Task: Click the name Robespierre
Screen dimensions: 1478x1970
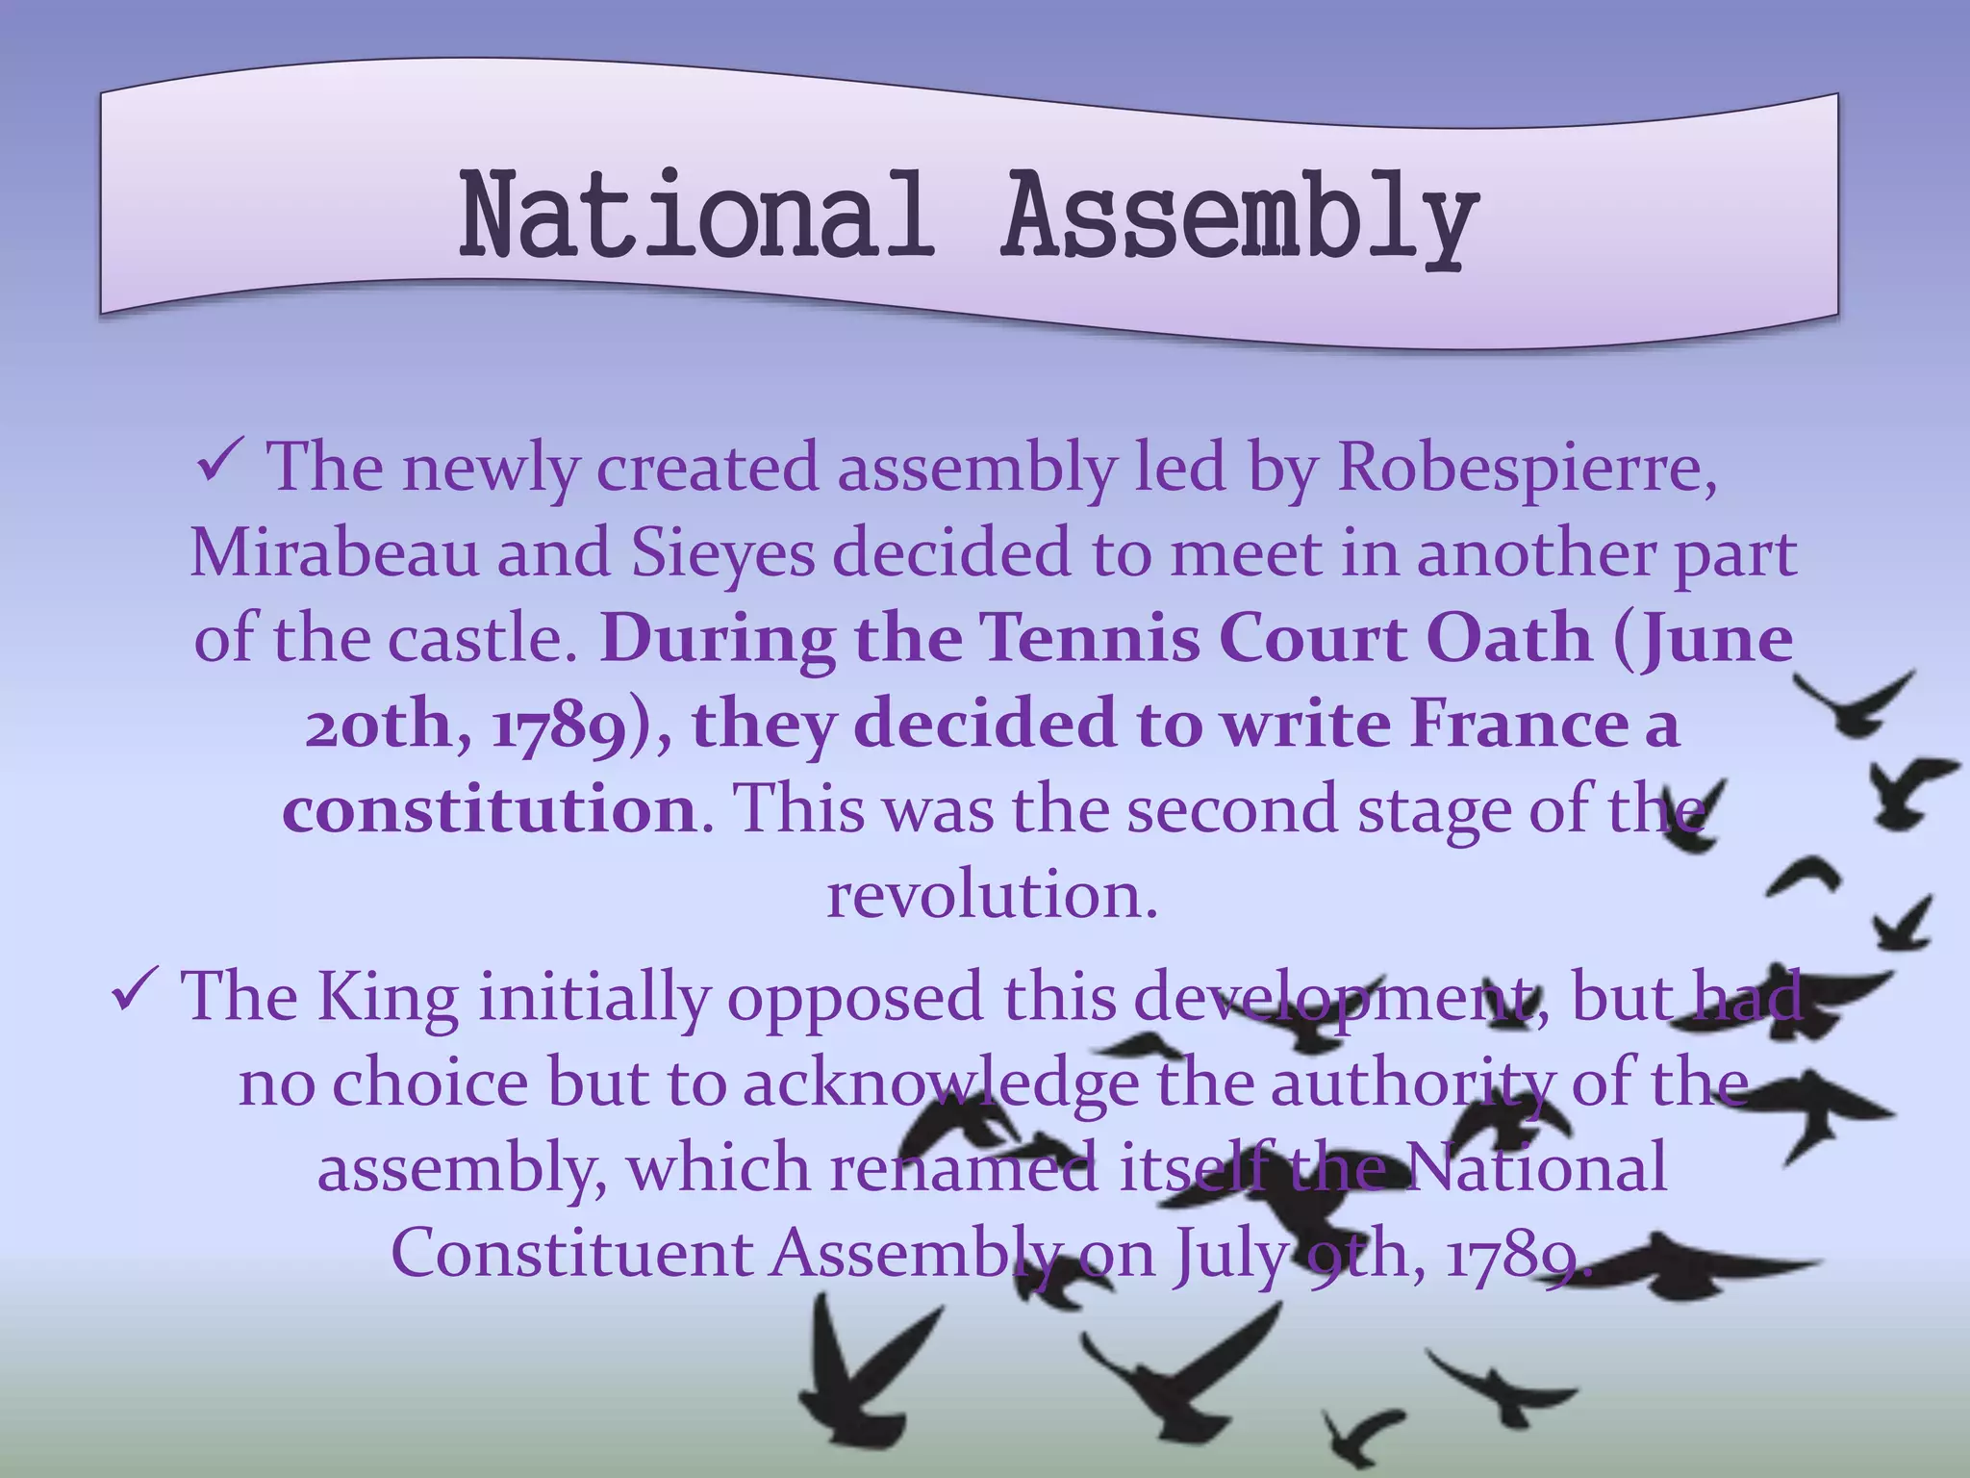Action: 1526,468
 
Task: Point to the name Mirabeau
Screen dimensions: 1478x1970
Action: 333,554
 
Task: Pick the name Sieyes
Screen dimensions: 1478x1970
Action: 721,554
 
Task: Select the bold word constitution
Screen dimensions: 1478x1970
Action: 489,810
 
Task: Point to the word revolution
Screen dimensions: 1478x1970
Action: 991,895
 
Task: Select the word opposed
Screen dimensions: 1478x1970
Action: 854,999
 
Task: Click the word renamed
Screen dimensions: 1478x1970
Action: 964,1168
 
